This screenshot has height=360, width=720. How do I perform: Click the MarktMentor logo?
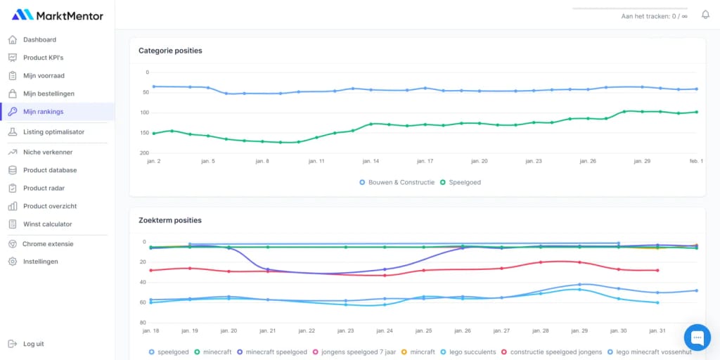58,15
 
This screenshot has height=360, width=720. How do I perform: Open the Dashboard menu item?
39,40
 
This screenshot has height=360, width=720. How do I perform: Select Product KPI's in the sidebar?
43,58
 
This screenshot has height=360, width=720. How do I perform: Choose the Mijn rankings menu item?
43,112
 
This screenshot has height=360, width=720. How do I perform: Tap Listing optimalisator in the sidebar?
53,132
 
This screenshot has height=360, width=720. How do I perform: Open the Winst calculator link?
47,224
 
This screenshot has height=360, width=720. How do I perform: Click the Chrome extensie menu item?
47,244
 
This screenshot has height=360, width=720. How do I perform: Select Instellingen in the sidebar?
40,262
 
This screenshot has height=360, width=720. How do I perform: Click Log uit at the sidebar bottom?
33,344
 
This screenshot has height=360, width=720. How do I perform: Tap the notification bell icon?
705,15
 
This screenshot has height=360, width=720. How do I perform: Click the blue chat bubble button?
697,337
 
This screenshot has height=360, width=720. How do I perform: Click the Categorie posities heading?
170,51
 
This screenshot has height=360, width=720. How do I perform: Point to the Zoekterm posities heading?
169,220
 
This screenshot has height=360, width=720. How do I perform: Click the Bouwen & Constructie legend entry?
401,182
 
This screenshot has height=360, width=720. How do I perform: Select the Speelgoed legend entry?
464,182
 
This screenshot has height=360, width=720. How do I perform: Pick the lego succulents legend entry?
471,352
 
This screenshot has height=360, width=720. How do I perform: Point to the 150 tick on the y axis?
144,133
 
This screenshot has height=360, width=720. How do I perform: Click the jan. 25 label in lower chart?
423,330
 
